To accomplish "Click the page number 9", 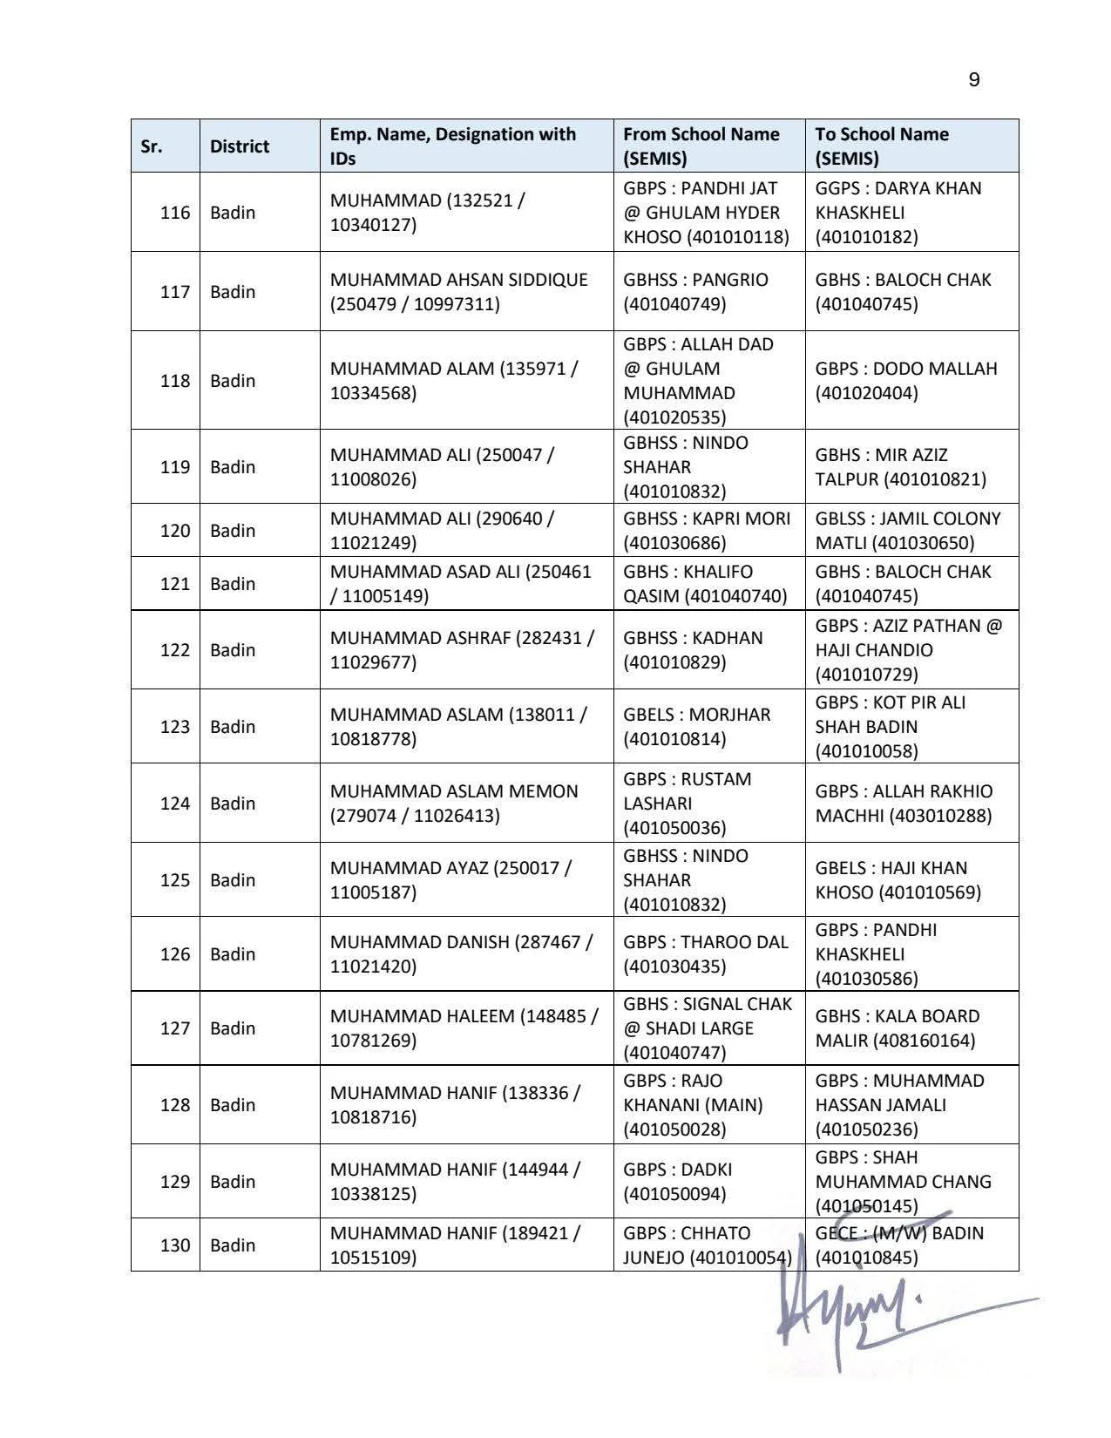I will point(973,80).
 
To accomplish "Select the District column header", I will point(239,146).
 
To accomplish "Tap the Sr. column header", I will point(152,146).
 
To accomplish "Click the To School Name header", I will point(882,146).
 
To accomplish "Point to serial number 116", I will point(174,213).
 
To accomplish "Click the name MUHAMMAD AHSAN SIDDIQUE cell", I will point(458,292).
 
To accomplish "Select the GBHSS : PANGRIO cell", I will point(695,292).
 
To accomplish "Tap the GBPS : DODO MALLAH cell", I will point(905,381).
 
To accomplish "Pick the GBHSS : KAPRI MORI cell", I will point(706,531).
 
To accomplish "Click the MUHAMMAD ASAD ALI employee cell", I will point(460,584).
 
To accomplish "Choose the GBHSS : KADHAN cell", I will point(692,650).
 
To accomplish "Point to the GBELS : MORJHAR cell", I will point(696,727).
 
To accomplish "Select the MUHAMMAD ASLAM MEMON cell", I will point(453,804).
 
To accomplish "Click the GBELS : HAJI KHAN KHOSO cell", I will point(898,880).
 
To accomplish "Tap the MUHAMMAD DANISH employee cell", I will point(460,954).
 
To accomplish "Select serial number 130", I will point(174,1245).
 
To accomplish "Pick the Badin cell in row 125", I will point(232,880).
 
